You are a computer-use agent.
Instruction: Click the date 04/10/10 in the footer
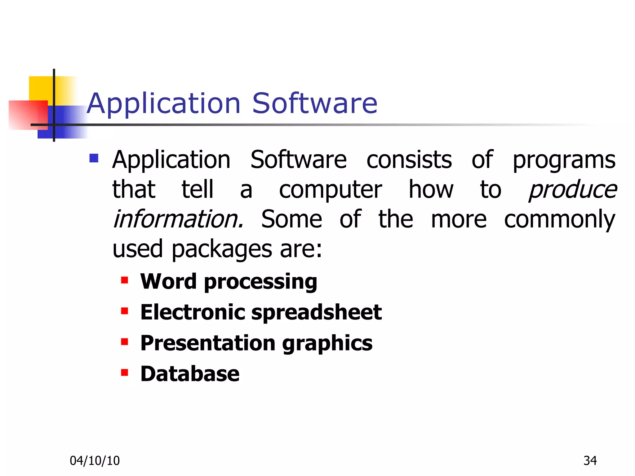[95, 461]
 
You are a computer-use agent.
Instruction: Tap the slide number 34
[590, 461]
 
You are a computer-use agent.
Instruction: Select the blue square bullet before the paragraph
[94, 158]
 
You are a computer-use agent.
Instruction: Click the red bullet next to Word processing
[125, 280]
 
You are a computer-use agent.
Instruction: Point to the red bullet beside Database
[125, 372]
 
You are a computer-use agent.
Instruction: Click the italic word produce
[572, 190]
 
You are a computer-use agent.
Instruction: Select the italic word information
[178, 219]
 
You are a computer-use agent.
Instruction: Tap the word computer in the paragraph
[330, 190]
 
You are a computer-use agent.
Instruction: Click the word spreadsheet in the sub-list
[316, 312]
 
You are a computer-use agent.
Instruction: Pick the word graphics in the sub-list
[327, 344]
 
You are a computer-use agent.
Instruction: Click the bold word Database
[190, 374]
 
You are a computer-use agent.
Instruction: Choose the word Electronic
[193, 312]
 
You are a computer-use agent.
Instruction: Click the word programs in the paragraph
[564, 161]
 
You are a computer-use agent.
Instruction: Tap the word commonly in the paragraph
[559, 220]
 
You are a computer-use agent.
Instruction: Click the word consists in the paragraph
[409, 160]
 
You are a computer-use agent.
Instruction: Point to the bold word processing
[260, 282]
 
